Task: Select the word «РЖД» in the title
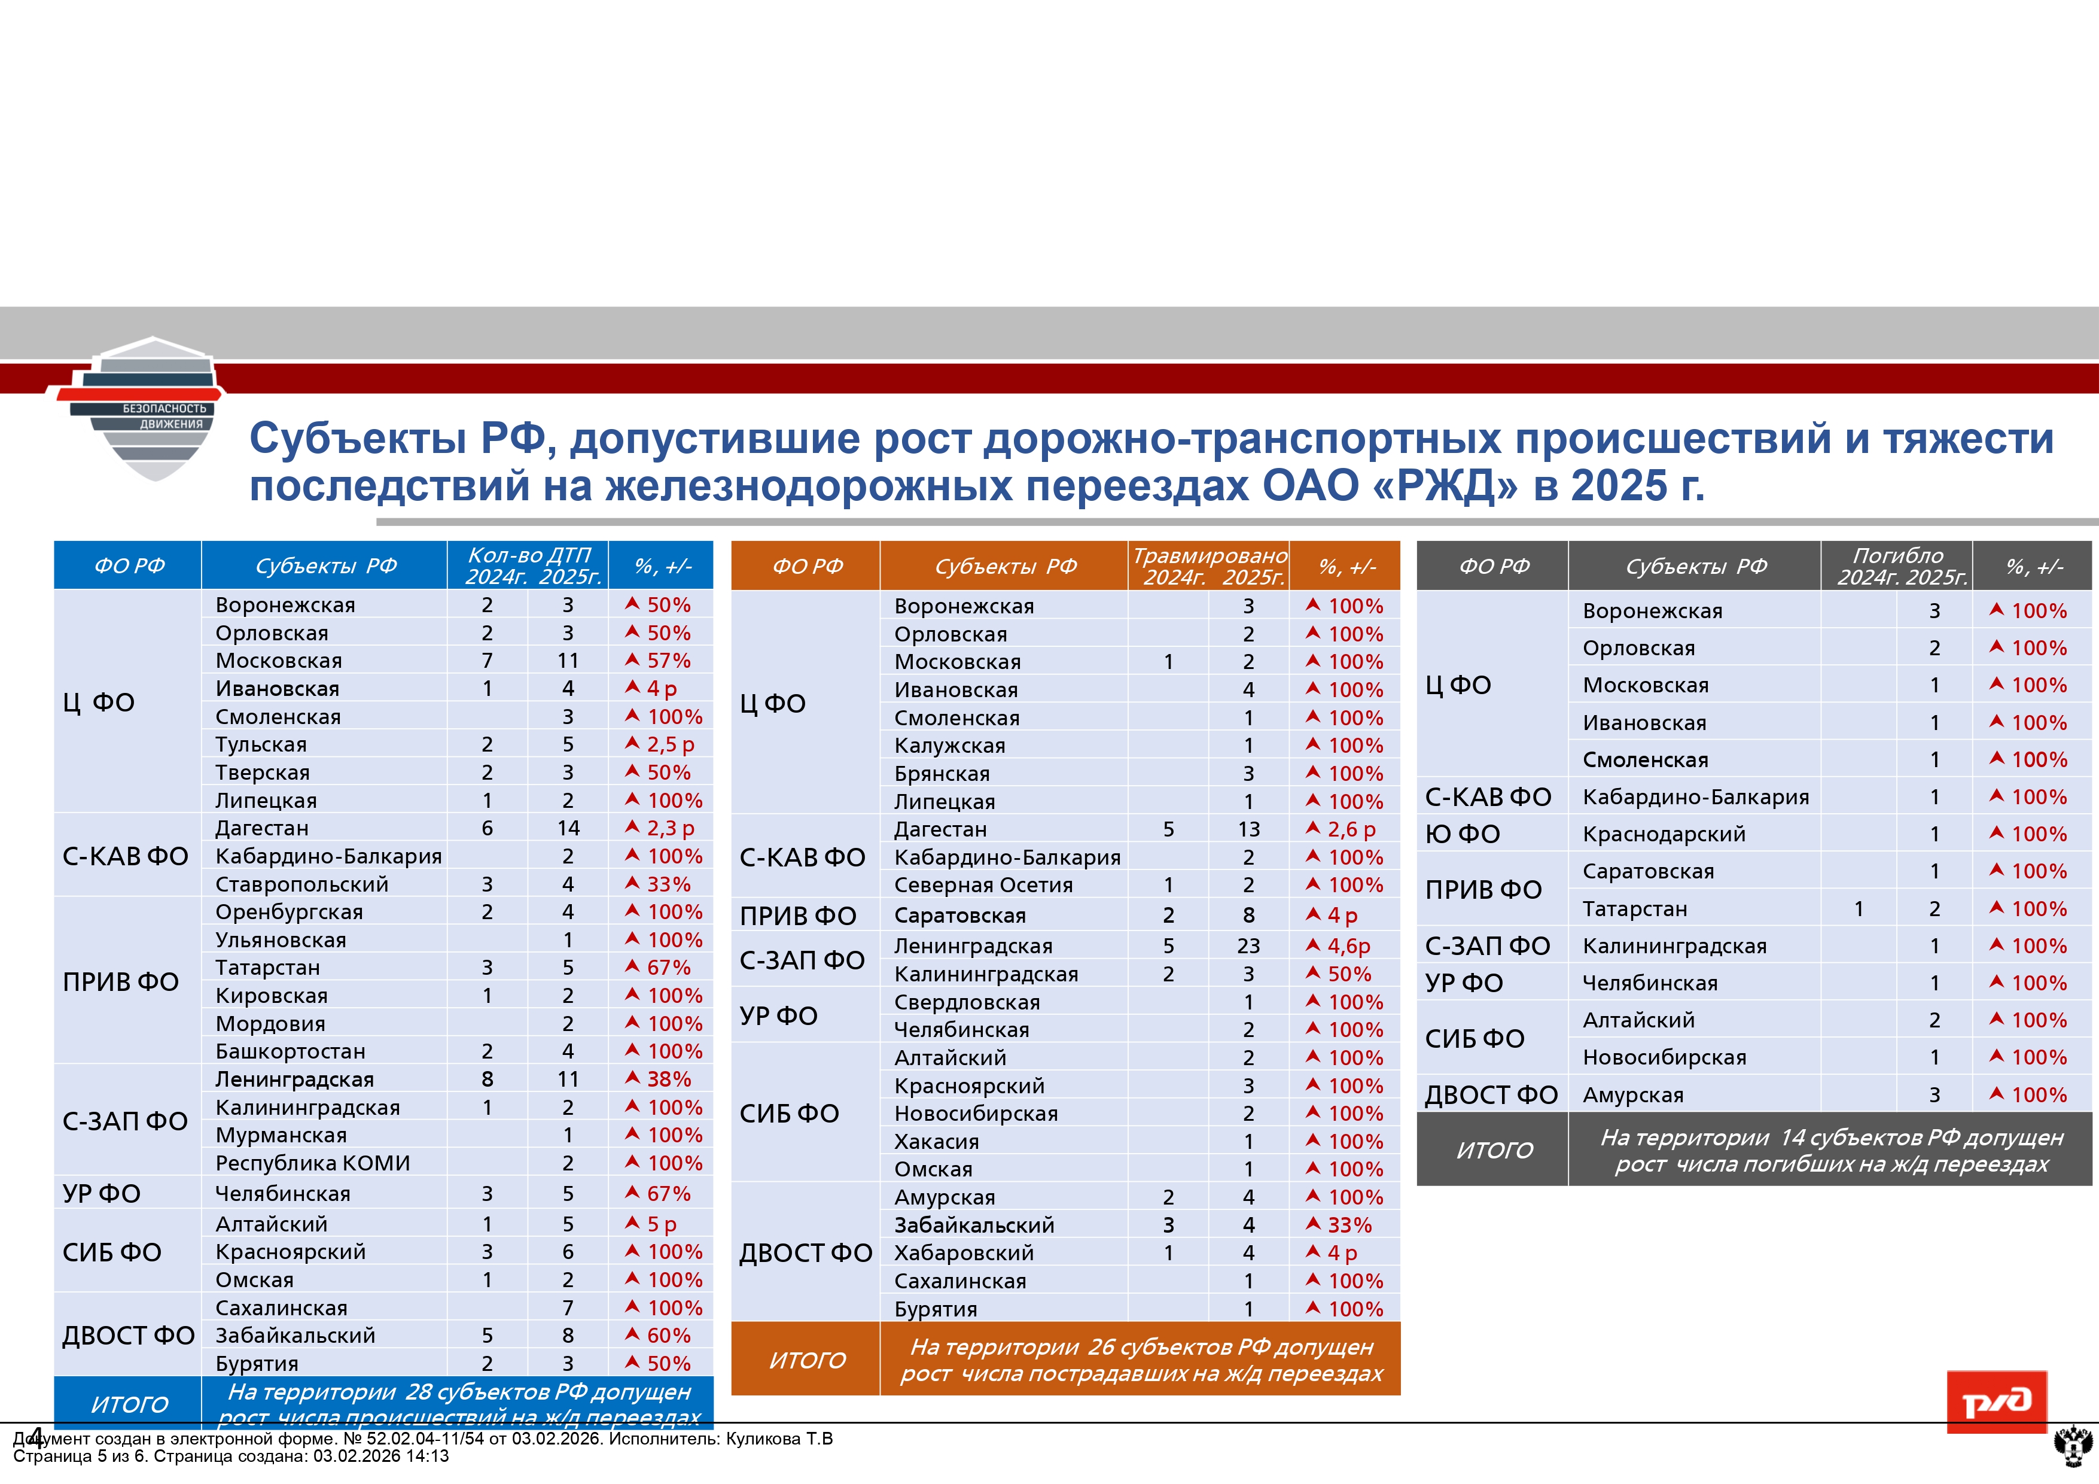[x=1445, y=485]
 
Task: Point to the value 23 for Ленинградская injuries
[x=1248, y=947]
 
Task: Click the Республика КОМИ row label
[x=313, y=1163]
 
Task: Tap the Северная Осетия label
[x=983, y=885]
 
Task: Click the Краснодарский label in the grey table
[x=1664, y=834]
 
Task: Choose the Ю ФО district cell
[x=1463, y=834]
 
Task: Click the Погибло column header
[x=1898, y=556]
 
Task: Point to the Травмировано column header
[x=1210, y=556]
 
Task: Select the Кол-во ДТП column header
[x=529, y=556]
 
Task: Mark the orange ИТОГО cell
[x=807, y=1360]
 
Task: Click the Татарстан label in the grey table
[x=1635, y=909]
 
